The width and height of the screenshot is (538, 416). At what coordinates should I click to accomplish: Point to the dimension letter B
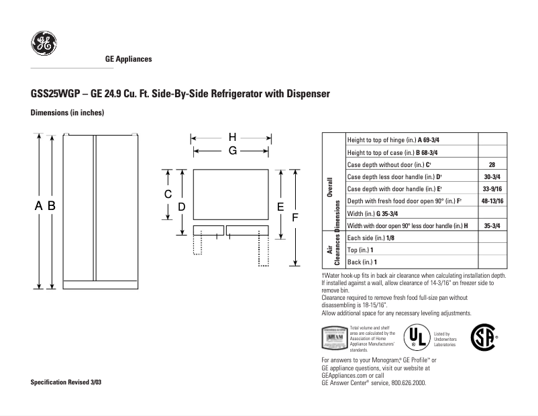click(x=51, y=206)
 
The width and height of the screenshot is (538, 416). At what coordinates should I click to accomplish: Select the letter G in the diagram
click(x=232, y=151)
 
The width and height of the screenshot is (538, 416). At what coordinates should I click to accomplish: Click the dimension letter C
click(x=169, y=195)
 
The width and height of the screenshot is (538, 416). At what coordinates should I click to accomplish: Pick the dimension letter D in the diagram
click(x=182, y=207)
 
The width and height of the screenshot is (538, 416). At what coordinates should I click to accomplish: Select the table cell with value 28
click(x=492, y=164)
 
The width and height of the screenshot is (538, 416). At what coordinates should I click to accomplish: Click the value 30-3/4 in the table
click(x=492, y=176)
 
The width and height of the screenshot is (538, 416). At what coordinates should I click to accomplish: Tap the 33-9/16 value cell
click(x=492, y=189)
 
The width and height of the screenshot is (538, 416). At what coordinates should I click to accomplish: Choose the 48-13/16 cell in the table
click(x=492, y=201)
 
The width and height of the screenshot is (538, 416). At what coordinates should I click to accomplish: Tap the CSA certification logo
click(x=485, y=337)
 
